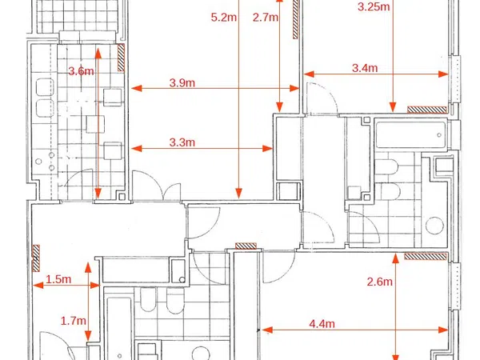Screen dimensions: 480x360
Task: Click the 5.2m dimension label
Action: [x=224, y=17]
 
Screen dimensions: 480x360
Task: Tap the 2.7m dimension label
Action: [x=266, y=17]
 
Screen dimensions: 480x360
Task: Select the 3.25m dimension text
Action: [x=374, y=6]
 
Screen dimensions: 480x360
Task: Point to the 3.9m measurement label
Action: [x=182, y=82]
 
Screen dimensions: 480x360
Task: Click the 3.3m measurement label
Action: [x=182, y=142]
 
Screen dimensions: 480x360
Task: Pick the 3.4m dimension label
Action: [x=365, y=68]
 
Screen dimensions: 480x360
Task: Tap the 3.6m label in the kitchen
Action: [x=81, y=71]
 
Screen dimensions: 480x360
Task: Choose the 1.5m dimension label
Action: [x=58, y=279]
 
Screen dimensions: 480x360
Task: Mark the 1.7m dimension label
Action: [x=73, y=321]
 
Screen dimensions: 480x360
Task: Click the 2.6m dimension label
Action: [x=379, y=282]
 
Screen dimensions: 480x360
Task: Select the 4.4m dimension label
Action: [x=322, y=324]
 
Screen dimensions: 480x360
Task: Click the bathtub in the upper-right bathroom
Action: [x=411, y=135]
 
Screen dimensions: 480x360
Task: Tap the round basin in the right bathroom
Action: [x=434, y=226]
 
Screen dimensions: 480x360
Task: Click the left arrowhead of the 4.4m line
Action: [x=267, y=330]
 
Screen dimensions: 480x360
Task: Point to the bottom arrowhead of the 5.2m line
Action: [x=239, y=193]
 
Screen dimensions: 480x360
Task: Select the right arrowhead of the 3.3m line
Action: [x=267, y=149]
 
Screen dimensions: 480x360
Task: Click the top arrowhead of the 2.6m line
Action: [x=396, y=258]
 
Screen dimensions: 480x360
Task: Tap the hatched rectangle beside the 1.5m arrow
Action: [x=36, y=258]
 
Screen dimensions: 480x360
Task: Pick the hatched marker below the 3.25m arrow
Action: [x=426, y=110]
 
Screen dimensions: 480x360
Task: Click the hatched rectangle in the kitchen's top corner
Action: [x=122, y=58]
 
